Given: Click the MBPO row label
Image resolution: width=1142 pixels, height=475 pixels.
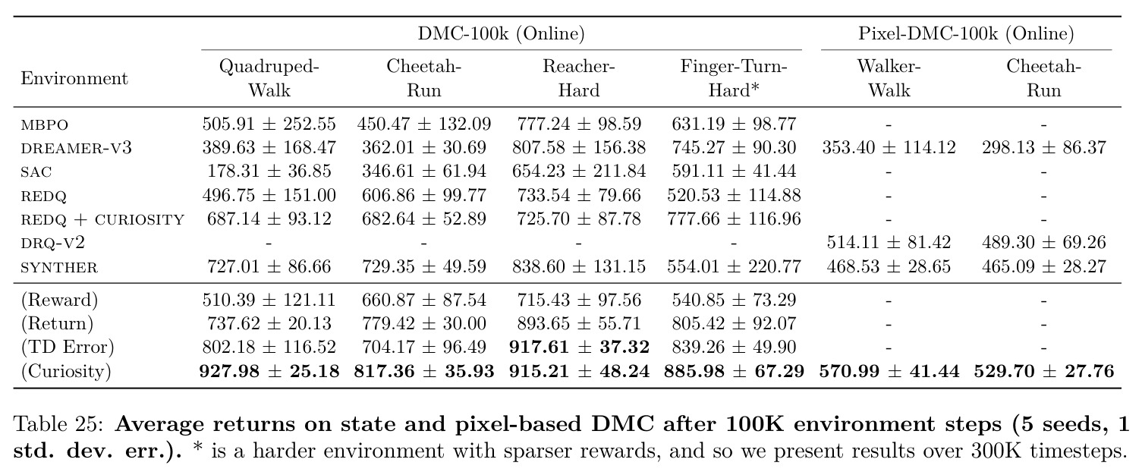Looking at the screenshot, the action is [44, 124].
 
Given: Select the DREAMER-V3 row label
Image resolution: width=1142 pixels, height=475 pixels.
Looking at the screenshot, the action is [76, 148].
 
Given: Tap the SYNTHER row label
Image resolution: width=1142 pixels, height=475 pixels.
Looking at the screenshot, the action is [58, 267].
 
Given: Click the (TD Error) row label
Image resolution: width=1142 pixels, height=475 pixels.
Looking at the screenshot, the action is [68, 347].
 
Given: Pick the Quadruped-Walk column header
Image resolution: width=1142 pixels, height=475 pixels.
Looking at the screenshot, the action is [269, 78].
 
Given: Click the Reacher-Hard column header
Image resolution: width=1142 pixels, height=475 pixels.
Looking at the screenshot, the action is [579, 78].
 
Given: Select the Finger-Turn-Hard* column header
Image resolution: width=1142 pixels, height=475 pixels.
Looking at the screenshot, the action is [734, 78].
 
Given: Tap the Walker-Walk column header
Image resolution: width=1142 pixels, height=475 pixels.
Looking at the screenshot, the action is [889, 78].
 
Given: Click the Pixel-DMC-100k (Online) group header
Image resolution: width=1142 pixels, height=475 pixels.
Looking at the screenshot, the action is [966, 33].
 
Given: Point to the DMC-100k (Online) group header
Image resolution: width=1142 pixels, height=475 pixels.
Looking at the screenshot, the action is [501, 33].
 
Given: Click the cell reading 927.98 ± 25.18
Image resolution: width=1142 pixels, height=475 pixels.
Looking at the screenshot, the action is [269, 371].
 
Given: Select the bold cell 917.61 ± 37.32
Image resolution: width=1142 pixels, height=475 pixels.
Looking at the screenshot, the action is [579, 347].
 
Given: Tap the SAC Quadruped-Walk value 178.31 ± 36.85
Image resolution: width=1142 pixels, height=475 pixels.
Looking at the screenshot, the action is [269, 171].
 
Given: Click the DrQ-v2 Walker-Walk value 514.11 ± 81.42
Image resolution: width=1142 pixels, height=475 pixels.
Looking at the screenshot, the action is [889, 242].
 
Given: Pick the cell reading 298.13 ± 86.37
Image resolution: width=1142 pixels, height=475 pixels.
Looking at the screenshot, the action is [1043, 148].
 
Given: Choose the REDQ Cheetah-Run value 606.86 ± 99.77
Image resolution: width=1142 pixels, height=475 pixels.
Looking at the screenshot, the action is [424, 195].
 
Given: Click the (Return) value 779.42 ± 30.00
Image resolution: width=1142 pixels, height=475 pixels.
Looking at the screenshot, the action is [424, 324].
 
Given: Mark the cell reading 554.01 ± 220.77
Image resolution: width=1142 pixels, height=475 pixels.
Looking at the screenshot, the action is [734, 266].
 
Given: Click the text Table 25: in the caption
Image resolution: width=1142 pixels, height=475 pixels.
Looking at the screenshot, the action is [58, 424].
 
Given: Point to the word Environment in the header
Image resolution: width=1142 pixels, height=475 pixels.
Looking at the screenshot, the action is [74, 78].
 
